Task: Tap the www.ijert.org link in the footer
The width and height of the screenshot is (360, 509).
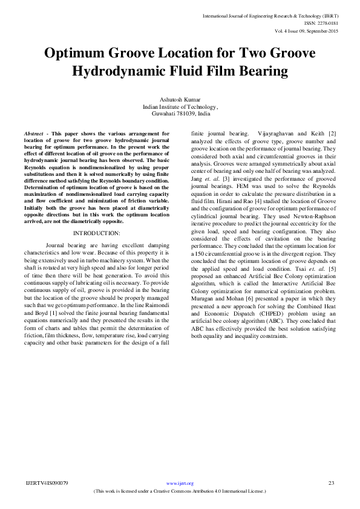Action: tap(179, 483)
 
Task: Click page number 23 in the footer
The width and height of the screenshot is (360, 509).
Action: tap(331, 483)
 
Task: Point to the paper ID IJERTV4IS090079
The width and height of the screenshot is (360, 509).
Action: tap(47, 483)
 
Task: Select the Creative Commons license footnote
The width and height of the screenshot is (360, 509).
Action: tap(180, 491)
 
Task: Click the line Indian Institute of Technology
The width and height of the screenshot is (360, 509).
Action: tap(180, 106)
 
